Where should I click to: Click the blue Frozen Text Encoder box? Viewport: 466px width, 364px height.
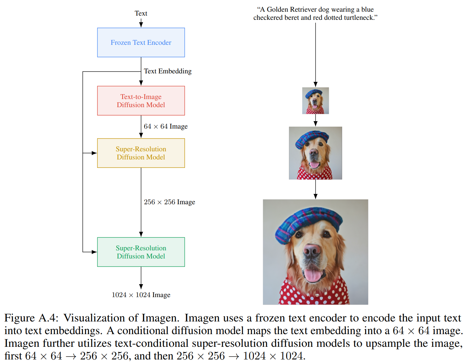[141, 43]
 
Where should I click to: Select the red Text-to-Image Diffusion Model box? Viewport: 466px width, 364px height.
[141, 101]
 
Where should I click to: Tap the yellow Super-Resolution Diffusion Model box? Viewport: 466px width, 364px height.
[141, 153]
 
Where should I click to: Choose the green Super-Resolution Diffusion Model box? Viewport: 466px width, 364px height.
[141, 252]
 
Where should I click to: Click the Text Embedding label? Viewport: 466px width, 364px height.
[168, 71]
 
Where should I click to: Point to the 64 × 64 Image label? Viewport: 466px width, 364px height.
[166, 126]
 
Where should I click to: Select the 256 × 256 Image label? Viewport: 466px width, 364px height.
[169, 202]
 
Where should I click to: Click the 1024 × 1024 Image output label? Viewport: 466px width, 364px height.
[141, 295]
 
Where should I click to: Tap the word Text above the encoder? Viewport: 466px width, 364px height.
[141, 13]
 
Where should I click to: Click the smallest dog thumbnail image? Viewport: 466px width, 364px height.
[315, 101]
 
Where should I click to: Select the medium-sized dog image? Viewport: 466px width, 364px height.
[315, 153]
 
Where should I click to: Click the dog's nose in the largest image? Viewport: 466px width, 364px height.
[311, 251]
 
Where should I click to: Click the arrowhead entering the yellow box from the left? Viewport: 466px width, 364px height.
[94, 153]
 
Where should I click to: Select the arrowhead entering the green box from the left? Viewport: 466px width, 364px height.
[94, 252]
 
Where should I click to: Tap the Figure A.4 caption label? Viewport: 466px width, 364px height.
[31, 318]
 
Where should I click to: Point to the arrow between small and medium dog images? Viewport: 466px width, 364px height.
[315, 120]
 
